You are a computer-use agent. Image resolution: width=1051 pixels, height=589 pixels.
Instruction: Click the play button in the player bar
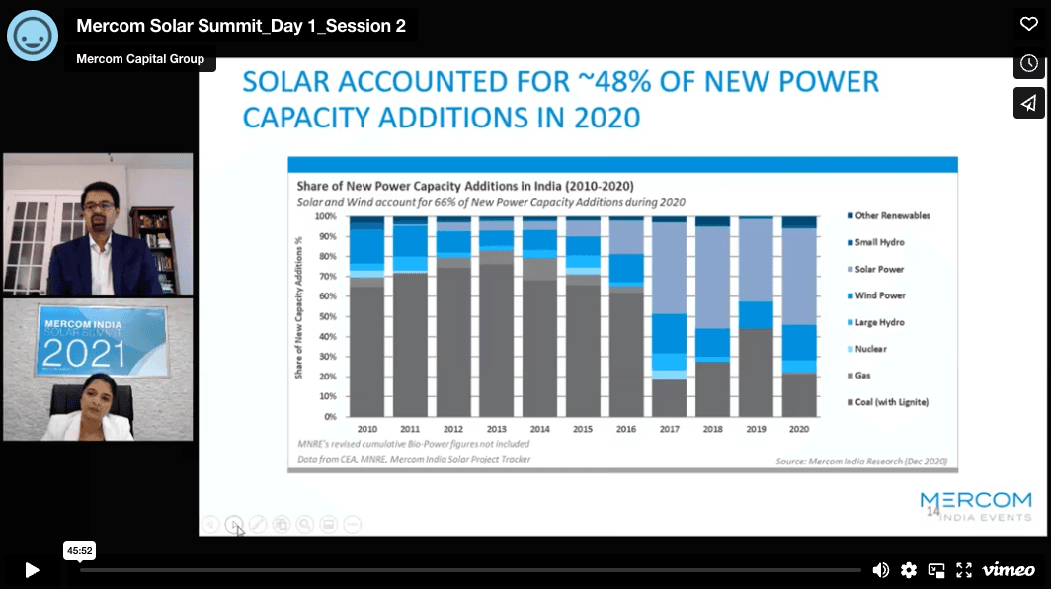(32, 570)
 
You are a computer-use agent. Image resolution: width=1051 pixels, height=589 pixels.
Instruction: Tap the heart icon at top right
(1028, 24)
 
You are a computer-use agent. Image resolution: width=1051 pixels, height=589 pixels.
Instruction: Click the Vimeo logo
(1009, 570)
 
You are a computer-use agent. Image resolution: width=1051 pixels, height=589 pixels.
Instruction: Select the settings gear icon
(909, 570)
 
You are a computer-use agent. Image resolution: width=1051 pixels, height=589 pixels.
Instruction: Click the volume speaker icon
(881, 570)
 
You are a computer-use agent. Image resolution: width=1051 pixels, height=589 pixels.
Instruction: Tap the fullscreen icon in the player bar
(964, 570)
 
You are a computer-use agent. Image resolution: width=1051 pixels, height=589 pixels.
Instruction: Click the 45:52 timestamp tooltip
(79, 550)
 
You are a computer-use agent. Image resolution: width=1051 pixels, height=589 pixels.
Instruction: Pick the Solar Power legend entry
(878, 269)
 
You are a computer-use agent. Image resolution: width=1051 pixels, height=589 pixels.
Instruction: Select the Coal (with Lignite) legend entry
(890, 402)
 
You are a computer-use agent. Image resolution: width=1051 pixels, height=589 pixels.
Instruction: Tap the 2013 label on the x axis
(497, 429)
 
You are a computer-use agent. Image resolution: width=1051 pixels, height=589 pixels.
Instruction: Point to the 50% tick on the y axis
(326, 316)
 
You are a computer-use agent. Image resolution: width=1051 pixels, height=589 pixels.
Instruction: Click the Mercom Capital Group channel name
(141, 59)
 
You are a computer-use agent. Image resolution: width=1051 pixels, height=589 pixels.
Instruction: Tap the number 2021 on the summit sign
(83, 353)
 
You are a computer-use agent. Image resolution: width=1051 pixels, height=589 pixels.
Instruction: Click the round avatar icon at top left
(33, 35)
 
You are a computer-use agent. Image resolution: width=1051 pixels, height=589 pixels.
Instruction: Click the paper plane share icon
(1028, 103)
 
